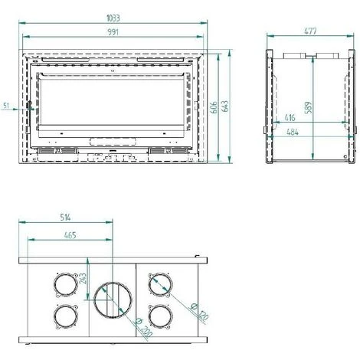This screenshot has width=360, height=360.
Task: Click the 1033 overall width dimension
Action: pyautogui.click(x=113, y=18)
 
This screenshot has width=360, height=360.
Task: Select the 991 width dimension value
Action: pyautogui.click(x=113, y=32)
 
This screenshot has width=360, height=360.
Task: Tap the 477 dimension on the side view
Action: pyautogui.click(x=310, y=31)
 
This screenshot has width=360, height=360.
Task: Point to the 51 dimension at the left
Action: pyautogui.click(x=6, y=105)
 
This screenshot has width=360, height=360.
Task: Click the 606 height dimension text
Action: pyautogui.click(x=214, y=107)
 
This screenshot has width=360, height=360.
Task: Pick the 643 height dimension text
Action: pyautogui.click(x=225, y=106)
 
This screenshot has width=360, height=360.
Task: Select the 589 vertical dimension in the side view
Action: pyautogui.click(x=309, y=107)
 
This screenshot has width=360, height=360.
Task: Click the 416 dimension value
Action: pyautogui.click(x=290, y=118)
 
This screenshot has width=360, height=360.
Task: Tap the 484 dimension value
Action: pyautogui.click(x=293, y=132)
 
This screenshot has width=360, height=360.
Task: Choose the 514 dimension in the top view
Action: pyautogui.click(x=65, y=218)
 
